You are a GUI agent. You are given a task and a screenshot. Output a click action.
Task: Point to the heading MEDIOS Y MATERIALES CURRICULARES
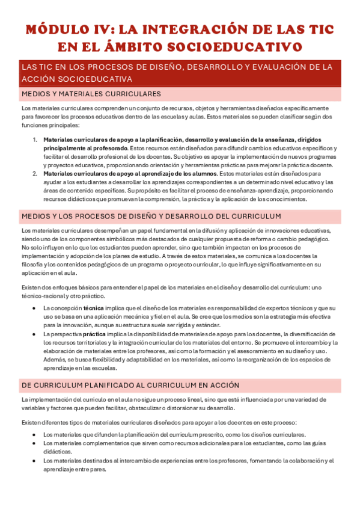(91, 94)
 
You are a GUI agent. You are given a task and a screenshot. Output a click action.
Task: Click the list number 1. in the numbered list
(35, 140)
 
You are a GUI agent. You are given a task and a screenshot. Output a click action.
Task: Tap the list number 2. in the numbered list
(35, 173)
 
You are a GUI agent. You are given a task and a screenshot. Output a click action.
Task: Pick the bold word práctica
(94, 333)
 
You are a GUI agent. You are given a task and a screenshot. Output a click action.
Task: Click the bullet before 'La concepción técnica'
(35, 307)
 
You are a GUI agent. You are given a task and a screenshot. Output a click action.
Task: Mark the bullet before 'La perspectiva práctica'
(35, 333)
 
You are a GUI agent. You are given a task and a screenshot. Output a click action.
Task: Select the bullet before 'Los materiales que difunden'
(35, 434)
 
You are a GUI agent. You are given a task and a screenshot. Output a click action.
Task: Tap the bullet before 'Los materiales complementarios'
(35, 443)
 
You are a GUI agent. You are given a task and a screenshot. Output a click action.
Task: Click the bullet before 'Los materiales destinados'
(35, 461)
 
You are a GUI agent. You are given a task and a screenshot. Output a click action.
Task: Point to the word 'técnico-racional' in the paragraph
(41, 296)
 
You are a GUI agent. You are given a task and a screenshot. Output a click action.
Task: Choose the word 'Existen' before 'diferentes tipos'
(31, 422)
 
